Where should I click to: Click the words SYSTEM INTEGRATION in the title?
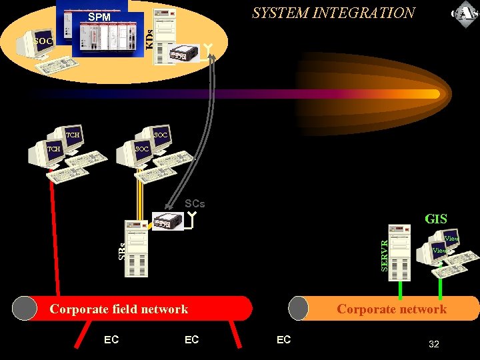pos(333,13)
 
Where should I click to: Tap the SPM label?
pos(99,17)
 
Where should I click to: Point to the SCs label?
pos(195,203)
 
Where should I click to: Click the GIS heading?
pos(436,219)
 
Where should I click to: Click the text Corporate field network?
pos(119,309)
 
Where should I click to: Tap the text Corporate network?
pos(391,309)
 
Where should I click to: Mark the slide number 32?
pos(433,344)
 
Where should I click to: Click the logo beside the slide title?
pos(464,13)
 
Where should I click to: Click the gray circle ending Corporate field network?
pos(25,309)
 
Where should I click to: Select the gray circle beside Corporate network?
pos(298,309)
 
